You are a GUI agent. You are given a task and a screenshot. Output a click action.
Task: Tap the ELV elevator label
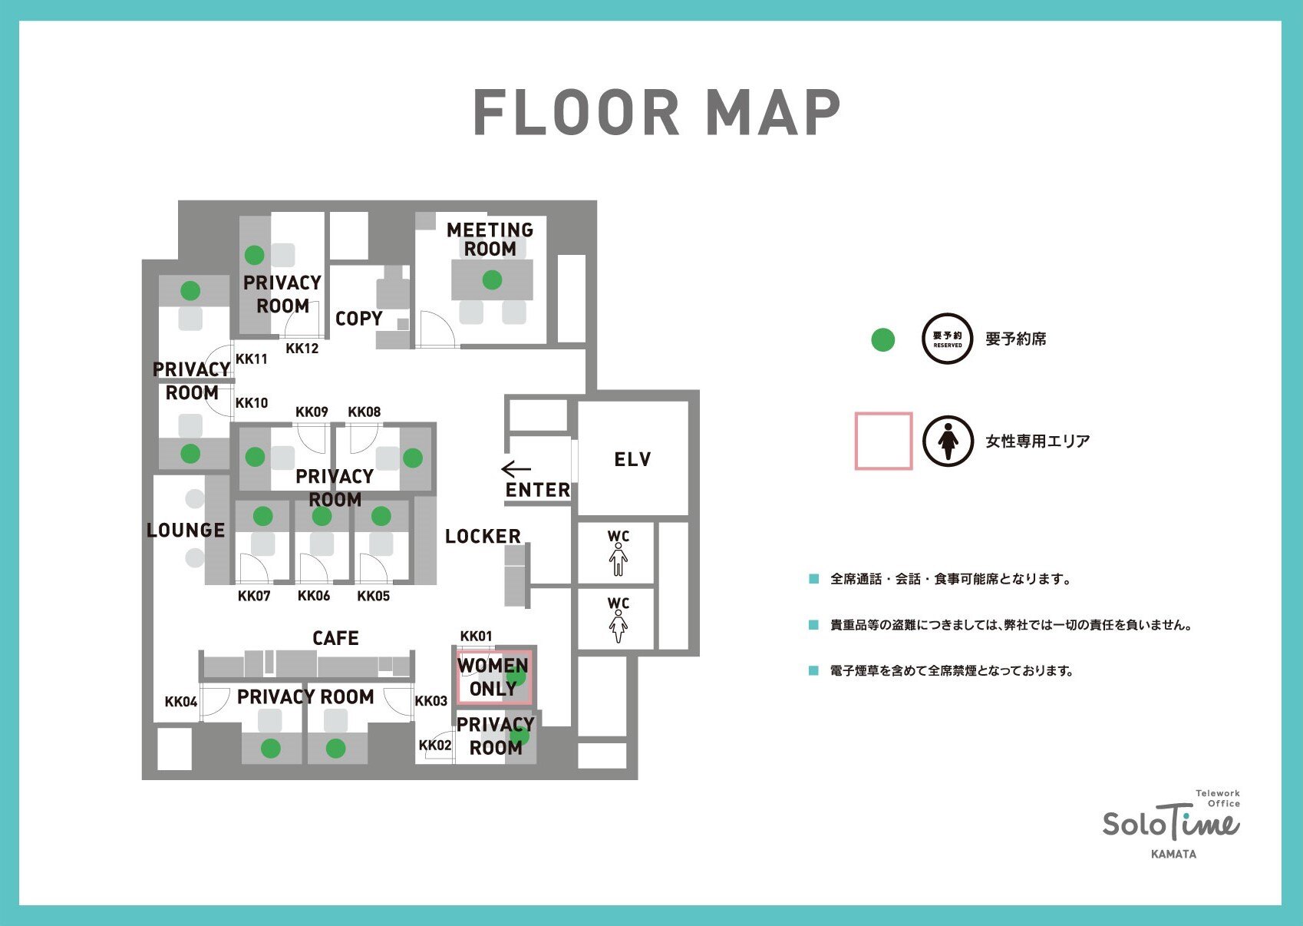click(632, 459)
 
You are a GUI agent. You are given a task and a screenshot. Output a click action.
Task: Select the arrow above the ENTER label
click(516, 468)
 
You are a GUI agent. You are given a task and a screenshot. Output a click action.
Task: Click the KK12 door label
click(302, 348)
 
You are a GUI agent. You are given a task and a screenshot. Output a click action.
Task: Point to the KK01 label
click(476, 637)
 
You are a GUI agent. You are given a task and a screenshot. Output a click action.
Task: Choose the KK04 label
click(181, 701)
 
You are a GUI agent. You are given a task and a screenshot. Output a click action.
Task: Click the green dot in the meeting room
click(492, 280)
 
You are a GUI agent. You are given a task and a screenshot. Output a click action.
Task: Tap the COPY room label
click(359, 319)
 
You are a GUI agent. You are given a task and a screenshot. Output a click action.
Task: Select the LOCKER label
click(483, 536)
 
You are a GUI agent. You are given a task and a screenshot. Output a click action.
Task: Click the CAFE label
click(335, 638)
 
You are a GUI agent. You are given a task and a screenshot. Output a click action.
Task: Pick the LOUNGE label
click(186, 530)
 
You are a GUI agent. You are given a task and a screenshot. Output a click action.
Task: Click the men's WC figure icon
click(619, 559)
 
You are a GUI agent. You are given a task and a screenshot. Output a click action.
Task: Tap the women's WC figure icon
click(619, 627)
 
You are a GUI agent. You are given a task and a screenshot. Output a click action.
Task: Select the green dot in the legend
click(882, 340)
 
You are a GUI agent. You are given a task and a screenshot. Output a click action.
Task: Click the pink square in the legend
click(883, 442)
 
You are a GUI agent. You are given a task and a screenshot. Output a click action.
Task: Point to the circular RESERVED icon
click(948, 339)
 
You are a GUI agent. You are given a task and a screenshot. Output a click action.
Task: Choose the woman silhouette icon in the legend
click(948, 442)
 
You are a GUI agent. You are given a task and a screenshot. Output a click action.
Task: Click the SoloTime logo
click(1171, 822)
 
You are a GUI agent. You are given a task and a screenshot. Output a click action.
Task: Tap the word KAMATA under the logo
click(1174, 854)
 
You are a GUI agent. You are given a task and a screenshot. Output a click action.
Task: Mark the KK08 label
click(365, 412)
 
